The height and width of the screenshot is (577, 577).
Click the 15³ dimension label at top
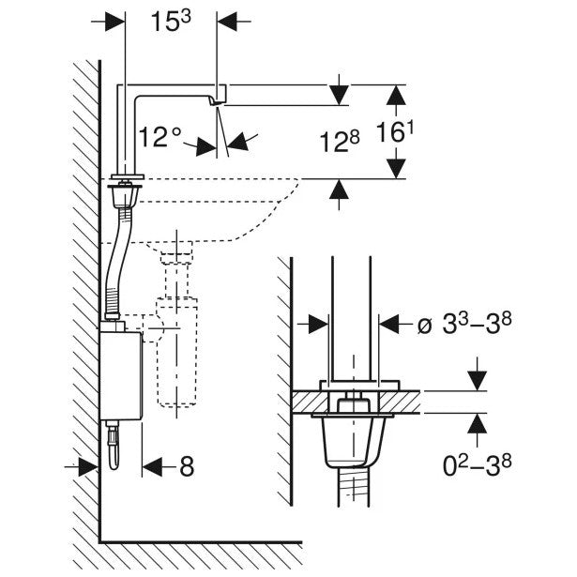(173, 22)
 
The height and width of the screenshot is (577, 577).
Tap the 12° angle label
(159, 137)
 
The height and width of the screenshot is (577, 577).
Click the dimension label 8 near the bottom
(186, 464)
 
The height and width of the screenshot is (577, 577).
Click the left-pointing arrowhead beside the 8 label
(151, 464)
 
